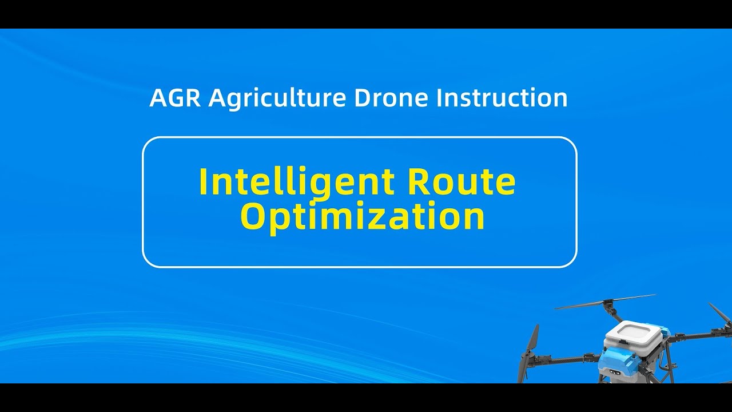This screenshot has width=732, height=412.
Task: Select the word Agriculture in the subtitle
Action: point(277,98)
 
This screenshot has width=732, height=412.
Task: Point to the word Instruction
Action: point(502,98)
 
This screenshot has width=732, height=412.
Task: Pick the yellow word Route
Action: point(464,182)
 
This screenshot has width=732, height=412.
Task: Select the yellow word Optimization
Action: point(363,217)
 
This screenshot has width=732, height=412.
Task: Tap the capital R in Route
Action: point(423,182)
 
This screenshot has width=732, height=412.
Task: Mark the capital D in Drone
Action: point(363,98)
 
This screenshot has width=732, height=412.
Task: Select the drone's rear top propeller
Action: point(606,303)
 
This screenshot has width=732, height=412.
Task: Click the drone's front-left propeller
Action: point(530,349)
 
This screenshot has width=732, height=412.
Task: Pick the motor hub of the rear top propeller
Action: point(607,306)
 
